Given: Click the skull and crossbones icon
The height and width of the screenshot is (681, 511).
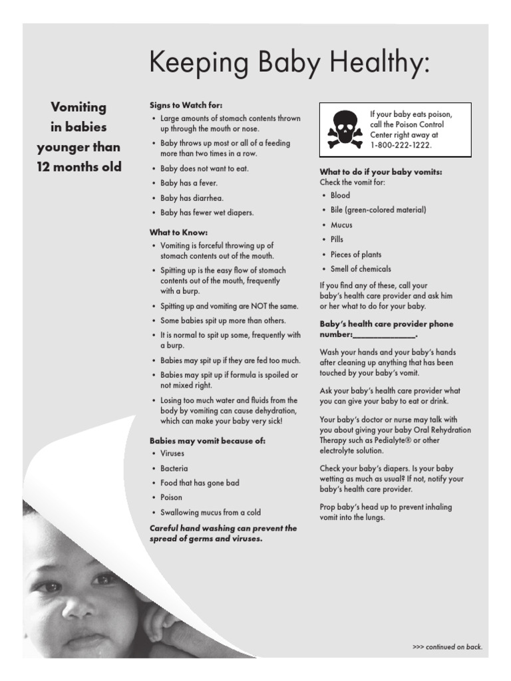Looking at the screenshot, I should click(345, 130).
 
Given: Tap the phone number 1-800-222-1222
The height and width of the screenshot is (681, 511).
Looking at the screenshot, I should click(401, 144).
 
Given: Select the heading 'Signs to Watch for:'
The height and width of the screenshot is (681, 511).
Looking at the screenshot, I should click(186, 105).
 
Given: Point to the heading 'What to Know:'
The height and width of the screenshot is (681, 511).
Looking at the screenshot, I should click(178, 232).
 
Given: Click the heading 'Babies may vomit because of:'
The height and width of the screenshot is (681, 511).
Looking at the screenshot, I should click(207, 440).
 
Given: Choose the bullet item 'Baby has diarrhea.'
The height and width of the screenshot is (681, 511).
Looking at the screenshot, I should click(192, 198).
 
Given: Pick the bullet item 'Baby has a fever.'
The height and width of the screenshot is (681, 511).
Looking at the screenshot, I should click(189, 183).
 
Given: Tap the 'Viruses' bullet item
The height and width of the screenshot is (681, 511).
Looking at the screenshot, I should click(172, 454).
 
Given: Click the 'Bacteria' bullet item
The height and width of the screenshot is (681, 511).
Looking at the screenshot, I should click(174, 468).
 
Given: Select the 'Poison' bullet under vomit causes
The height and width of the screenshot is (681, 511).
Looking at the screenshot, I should click(171, 497).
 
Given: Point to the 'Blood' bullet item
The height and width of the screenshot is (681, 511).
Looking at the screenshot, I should click(340, 196).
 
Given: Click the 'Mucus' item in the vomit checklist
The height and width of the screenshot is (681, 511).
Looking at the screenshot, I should click(341, 225).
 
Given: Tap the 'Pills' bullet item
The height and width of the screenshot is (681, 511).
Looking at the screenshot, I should click(337, 239).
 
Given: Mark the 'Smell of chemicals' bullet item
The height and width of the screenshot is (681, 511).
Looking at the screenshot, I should click(361, 269).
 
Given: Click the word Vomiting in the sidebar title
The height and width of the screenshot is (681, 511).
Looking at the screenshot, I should click(79, 107).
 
